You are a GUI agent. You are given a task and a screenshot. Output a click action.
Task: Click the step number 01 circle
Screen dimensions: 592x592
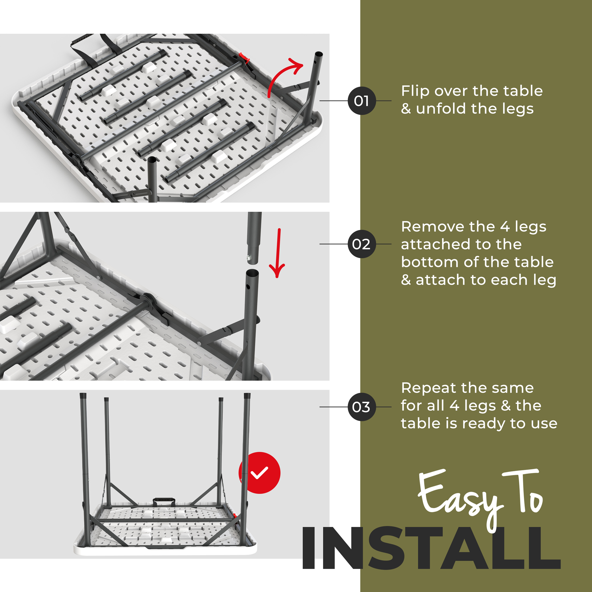[362, 101]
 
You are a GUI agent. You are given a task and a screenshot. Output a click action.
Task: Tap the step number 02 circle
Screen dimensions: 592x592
[362, 244]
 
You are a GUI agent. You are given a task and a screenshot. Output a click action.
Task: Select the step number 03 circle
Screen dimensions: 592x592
[362, 407]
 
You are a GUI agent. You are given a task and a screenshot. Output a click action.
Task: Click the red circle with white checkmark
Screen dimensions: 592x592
[260, 473]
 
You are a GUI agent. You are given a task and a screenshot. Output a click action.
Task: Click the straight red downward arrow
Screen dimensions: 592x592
[278, 253]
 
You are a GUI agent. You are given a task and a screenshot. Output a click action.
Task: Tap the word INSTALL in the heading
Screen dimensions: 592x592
[432, 548]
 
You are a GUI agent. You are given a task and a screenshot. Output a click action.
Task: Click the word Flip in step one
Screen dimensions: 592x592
[415, 91]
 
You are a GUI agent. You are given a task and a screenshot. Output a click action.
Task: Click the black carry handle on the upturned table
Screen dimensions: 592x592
[164, 501]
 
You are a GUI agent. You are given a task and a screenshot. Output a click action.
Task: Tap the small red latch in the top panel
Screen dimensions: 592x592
[244, 57]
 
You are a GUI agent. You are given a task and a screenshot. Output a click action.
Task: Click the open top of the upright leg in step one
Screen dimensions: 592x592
[319, 54]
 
